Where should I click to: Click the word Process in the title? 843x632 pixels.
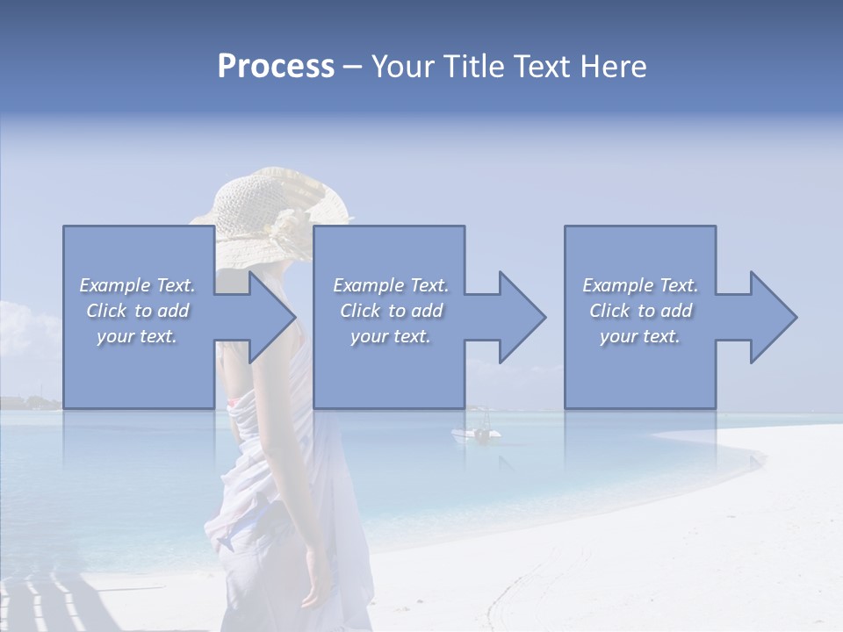(276, 67)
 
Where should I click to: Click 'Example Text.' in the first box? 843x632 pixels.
(137, 285)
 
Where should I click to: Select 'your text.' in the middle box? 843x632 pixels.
(390, 336)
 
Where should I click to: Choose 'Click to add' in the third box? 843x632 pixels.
(641, 311)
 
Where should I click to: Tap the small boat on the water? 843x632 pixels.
(477, 433)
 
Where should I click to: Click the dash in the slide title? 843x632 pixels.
(352, 67)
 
